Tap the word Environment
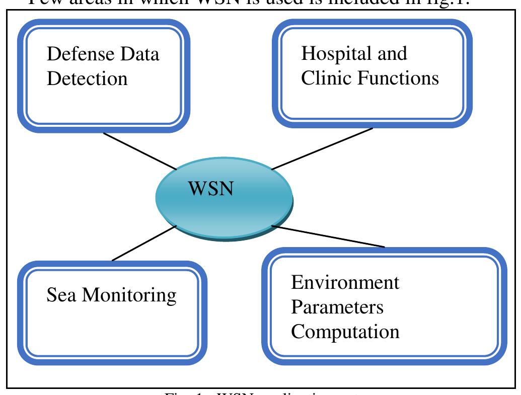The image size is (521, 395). click(345, 282)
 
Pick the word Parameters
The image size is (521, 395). click(337, 307)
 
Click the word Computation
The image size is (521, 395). click(346, 333)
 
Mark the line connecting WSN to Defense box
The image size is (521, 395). click(139, 150)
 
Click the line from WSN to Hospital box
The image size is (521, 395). click(322, 148)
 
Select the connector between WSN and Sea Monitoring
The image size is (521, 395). click(143, 244)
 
